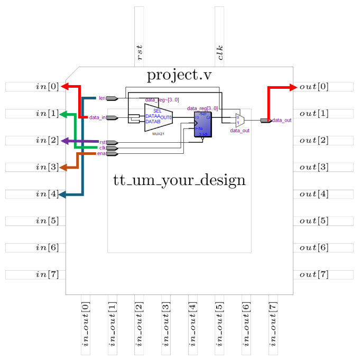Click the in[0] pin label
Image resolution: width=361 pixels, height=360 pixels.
click(x=47, y=87)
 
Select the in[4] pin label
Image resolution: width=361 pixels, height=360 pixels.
click(x=47, y=194)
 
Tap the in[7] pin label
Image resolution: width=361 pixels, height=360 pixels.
click(x=47, y=274)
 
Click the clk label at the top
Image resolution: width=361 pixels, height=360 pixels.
click(x=220, y=53)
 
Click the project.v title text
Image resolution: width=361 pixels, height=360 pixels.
click(x=179, y=76)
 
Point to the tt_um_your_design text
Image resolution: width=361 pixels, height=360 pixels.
click(x=179, y=180)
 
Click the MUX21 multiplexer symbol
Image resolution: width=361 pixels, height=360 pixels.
click(x=158, y=117)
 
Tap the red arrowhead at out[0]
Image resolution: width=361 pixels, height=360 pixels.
click(x=293, y=87)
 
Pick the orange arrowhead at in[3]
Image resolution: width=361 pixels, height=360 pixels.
click(x=63, y=168)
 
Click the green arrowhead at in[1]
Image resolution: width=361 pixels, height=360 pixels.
click(x=63, y=114)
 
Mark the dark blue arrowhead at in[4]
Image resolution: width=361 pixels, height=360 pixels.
click(x=62, y=195)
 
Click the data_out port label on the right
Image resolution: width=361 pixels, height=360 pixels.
click(x=282, y=121)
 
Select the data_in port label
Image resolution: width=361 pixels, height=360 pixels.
click(x=97, y=117)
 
